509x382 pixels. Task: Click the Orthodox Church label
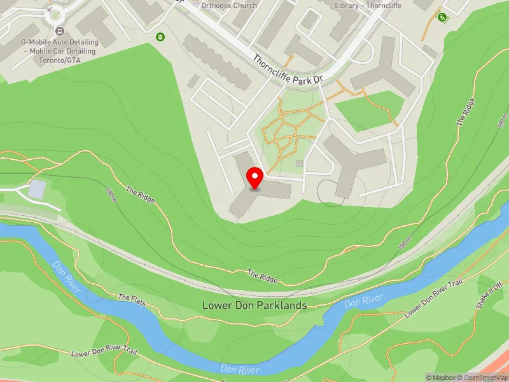pos(228,5)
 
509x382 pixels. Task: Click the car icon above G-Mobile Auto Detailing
pos(59,31)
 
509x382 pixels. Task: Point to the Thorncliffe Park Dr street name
pos(288,71)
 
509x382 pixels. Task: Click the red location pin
pos(255,178)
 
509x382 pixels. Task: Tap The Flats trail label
pos(132,299)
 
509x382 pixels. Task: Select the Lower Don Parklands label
pos(254,306)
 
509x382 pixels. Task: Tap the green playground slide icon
pos(442,17)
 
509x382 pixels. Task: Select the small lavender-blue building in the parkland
pos(38,188)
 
